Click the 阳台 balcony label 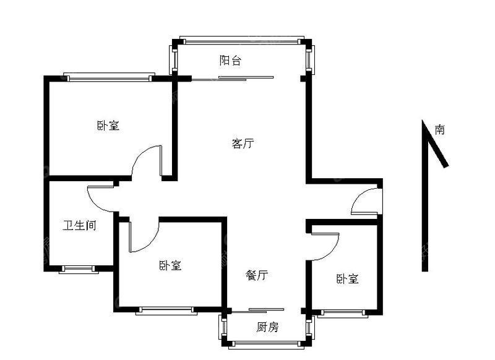tap(230, 60)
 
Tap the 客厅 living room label tap(243, 144)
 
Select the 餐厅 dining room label tap(257, 275)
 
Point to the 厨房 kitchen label tap(267, 327)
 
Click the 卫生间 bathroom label tap(79, 225)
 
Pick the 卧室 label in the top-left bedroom tap(108, 126)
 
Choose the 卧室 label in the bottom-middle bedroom tap(170, 265)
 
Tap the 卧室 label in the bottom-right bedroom tap(347, 278)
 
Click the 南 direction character tap(440, 129)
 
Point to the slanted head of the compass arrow tap(435, 144)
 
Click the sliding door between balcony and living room tap(233, 78)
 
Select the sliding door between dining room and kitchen tap(258, 311)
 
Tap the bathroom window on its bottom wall tap(79, 269)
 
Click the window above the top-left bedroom tap(109, 77)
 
